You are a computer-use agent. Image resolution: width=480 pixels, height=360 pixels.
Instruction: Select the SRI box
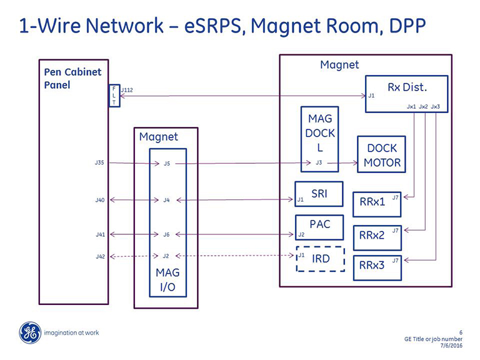(319, 194)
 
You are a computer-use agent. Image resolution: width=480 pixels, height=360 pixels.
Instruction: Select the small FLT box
(114, 96)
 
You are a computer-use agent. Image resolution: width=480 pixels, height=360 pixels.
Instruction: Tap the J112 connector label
(127, 90)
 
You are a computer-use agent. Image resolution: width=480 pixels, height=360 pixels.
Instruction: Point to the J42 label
(99, 256)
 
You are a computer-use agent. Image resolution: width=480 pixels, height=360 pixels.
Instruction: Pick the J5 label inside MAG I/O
(166, 164)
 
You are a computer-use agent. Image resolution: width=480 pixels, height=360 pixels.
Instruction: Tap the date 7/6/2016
(451, 347)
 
